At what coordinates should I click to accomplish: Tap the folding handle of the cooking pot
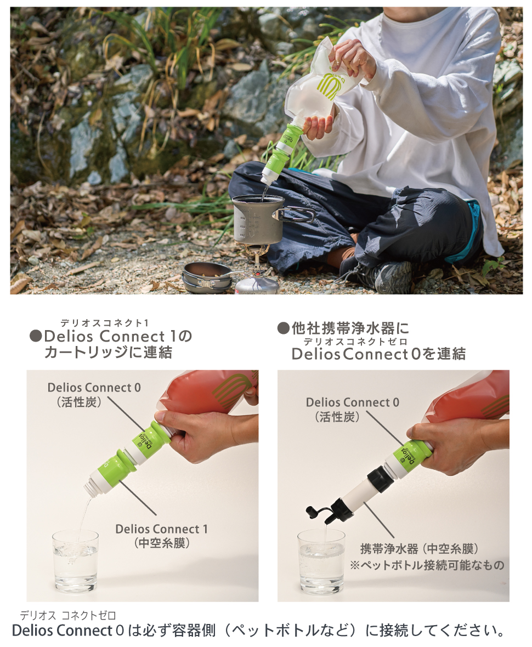click(299, 214)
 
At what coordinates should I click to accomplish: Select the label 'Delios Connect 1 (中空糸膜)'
click(161, 535)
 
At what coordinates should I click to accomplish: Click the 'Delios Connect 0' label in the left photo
click(94, 388)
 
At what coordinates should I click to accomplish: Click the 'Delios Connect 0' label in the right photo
click(353, 402)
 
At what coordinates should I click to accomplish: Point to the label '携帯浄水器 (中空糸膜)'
click(420, 548)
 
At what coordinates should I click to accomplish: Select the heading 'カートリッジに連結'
click(108, 353)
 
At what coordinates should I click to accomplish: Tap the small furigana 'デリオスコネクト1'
click(104, 322)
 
